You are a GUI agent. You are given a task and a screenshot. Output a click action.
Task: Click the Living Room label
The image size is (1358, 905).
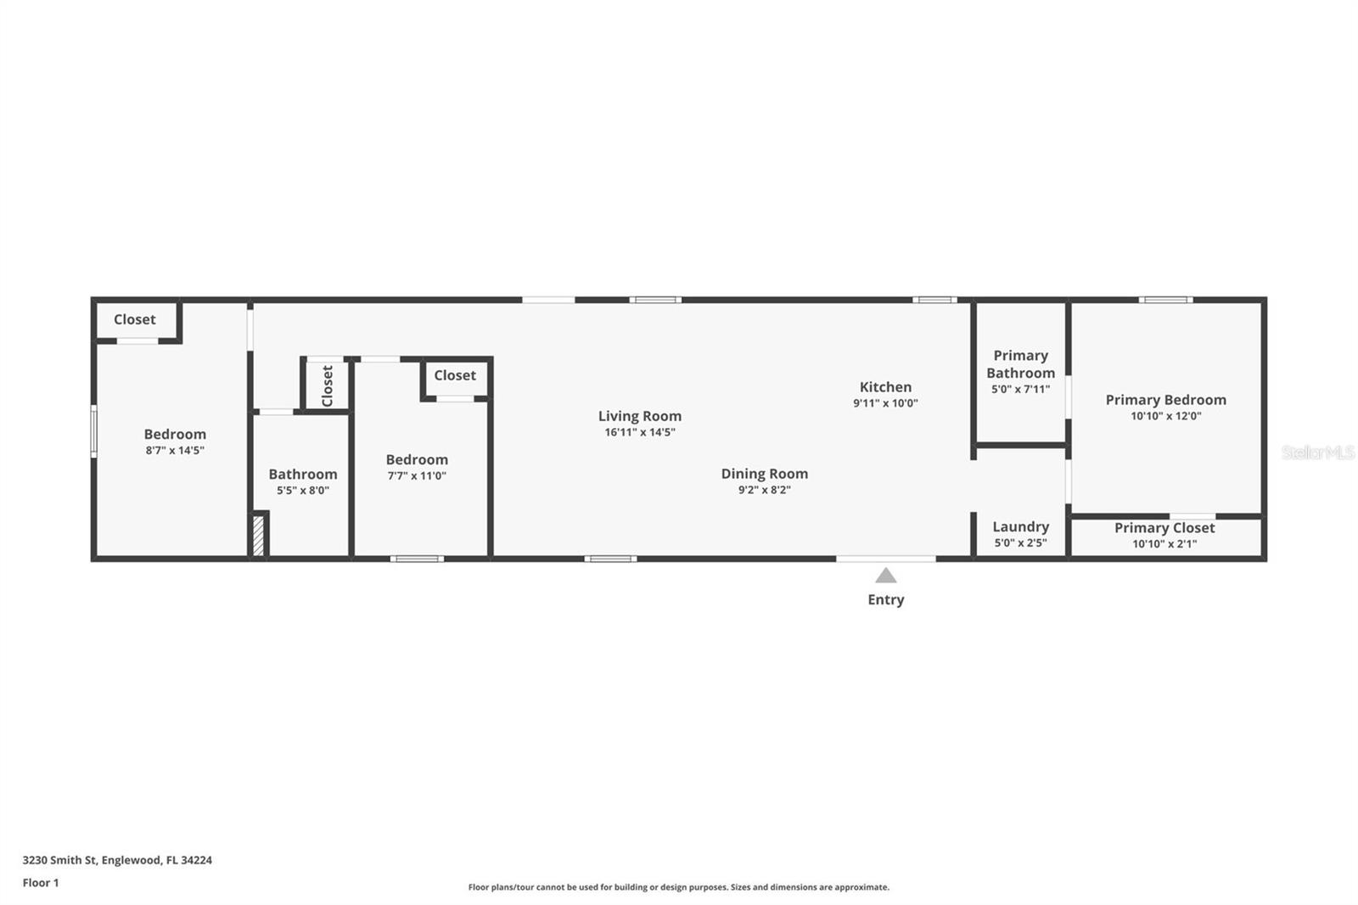(639, 416)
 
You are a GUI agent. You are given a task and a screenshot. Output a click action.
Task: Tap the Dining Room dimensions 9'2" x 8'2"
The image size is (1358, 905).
(764, 490)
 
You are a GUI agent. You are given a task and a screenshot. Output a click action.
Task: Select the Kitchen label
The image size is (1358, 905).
(885, 387)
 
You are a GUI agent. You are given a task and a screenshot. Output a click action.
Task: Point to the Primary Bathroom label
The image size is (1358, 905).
(1020, 364)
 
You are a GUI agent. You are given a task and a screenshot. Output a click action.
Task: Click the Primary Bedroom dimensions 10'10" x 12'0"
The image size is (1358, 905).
(1165, 416)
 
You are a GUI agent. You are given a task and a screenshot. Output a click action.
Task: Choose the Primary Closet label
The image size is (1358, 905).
(1164, 528)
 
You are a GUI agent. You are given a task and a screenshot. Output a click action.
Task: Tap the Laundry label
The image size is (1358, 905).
(1020, 527)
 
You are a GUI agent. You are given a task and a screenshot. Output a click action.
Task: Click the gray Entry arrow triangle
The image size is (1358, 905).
(885, 576)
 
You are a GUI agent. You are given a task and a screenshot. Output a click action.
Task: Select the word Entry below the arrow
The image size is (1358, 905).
(885, 599)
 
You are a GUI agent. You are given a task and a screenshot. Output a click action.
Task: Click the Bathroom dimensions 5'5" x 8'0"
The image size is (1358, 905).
(302, 491)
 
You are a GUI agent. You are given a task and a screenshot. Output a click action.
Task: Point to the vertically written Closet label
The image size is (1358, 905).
(327, 385)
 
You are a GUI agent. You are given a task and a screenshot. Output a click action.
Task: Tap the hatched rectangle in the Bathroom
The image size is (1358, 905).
(259, 537)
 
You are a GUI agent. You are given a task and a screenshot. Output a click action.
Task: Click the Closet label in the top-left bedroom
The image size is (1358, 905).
(134, 320)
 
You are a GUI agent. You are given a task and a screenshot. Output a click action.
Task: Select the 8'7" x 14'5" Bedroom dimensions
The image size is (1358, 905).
(175, 451)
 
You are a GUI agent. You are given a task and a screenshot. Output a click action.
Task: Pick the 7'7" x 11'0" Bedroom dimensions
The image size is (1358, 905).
(416, 476)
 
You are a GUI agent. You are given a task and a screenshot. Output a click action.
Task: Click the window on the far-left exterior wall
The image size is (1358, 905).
(94, 431)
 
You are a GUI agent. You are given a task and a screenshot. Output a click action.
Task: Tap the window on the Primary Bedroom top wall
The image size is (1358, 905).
(1165, 300)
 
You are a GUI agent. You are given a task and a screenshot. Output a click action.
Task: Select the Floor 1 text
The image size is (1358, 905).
(41, 883)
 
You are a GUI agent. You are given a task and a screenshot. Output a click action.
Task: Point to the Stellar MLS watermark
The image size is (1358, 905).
(1317, 452)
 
